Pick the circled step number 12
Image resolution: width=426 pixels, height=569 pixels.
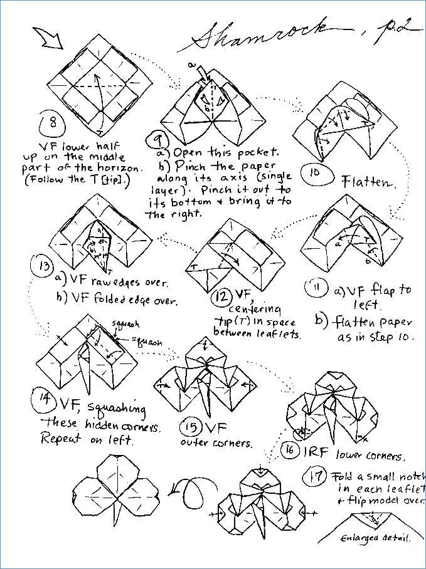click(221, 296)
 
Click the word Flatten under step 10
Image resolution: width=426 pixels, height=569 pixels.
click(368, 183)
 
